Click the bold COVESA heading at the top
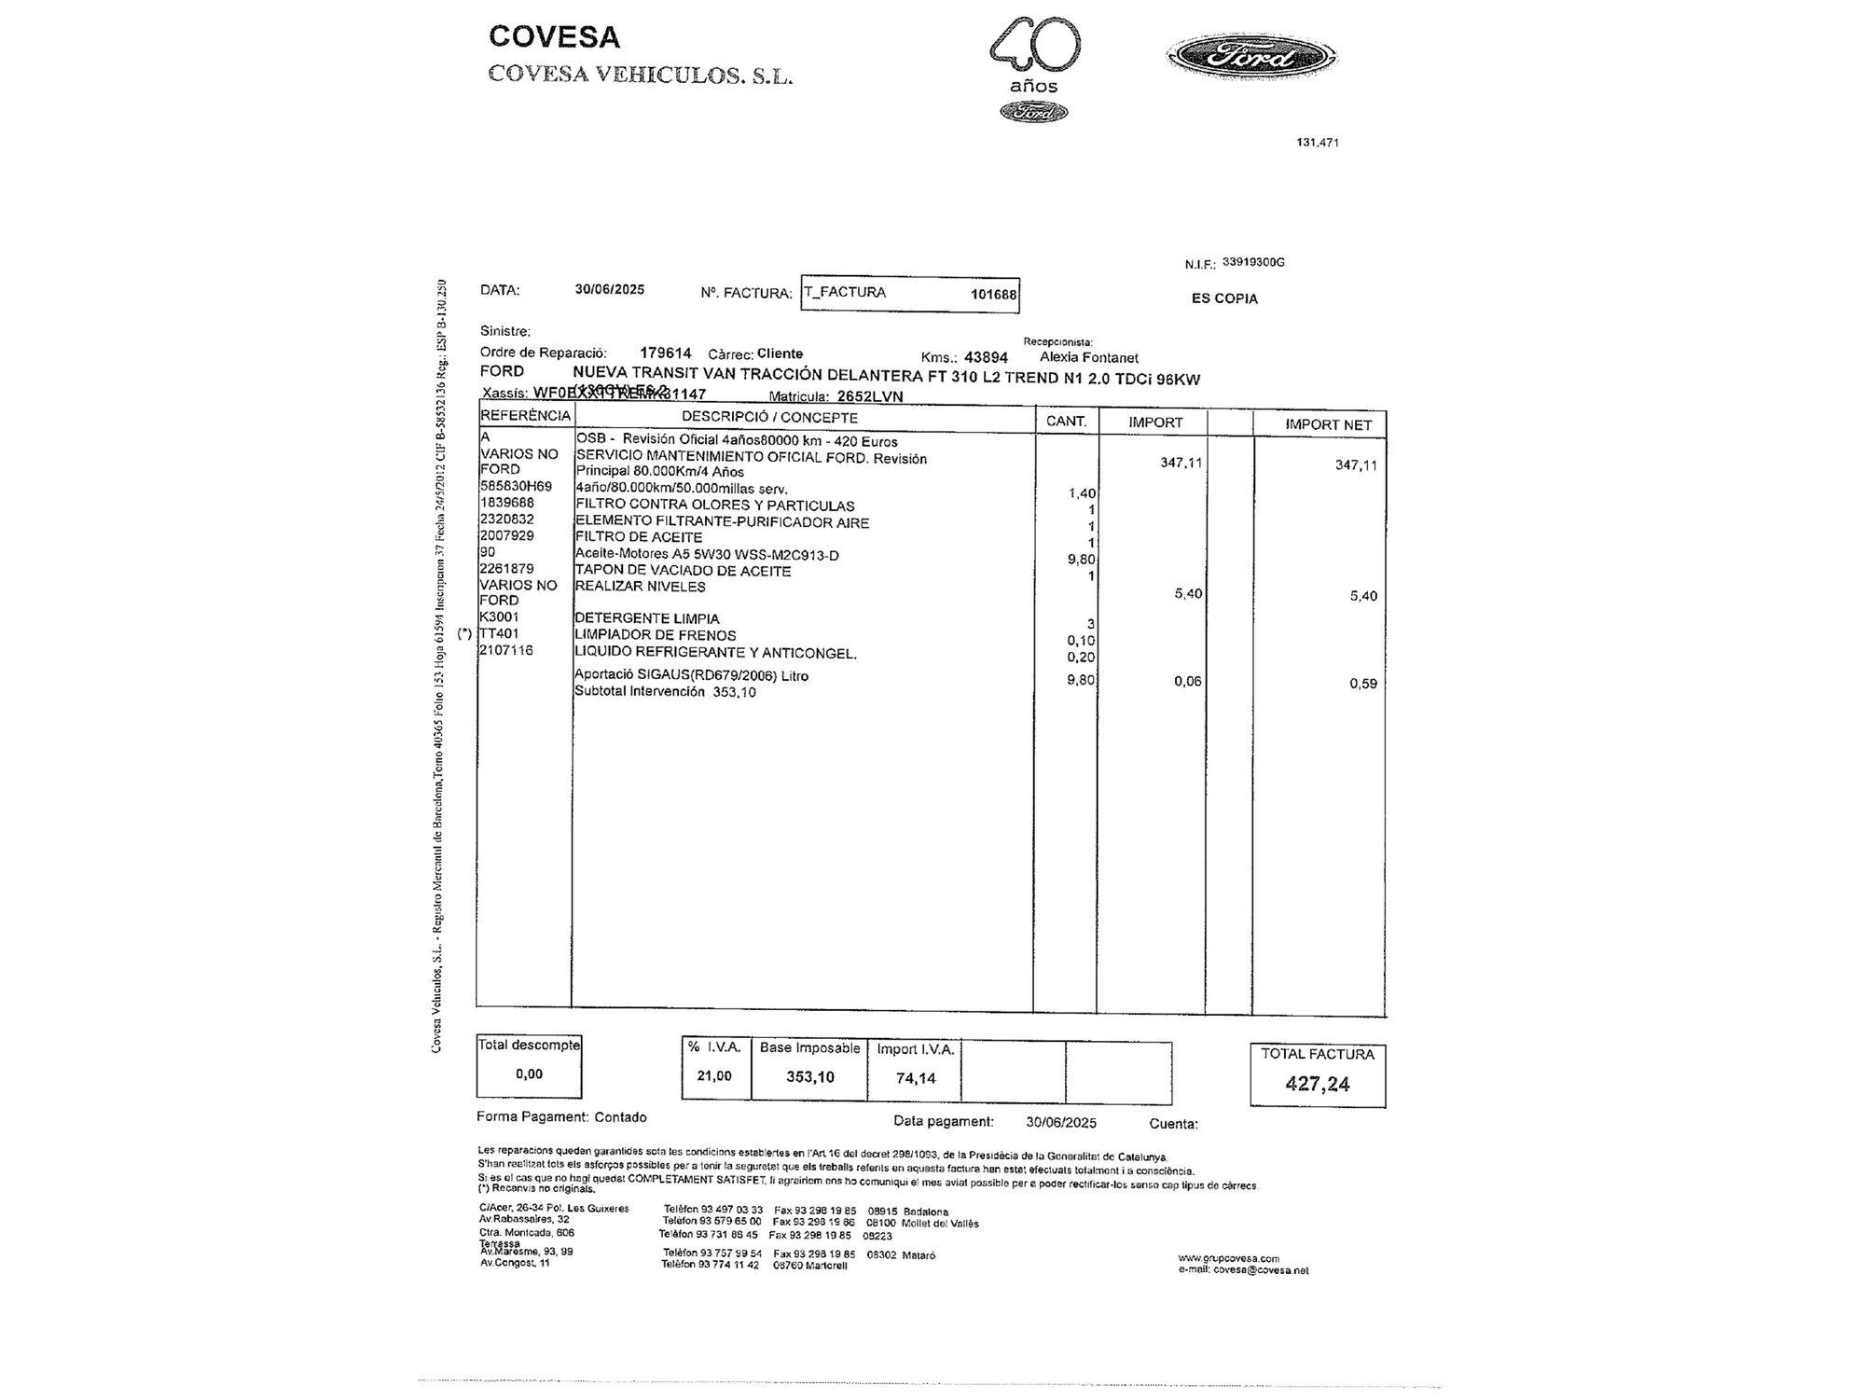(554, 37)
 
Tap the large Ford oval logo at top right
(1251, 58)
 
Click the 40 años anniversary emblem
(1034, 67)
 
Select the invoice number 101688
(993, 295)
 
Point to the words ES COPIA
(1224, 298)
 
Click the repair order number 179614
(666, 353)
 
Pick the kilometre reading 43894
(986, 357)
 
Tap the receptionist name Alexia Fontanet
(1088, 357)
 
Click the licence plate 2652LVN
(870, 395)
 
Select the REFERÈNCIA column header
(525, 416)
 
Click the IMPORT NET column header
(1328, 424)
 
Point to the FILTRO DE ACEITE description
(639, 537)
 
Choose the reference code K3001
(499, 616)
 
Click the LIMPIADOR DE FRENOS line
(656, 635)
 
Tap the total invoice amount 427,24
(1317, 1084)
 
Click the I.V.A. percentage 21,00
(714, 1076)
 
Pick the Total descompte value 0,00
(529, 1074)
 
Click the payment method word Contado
(620, 1117)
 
